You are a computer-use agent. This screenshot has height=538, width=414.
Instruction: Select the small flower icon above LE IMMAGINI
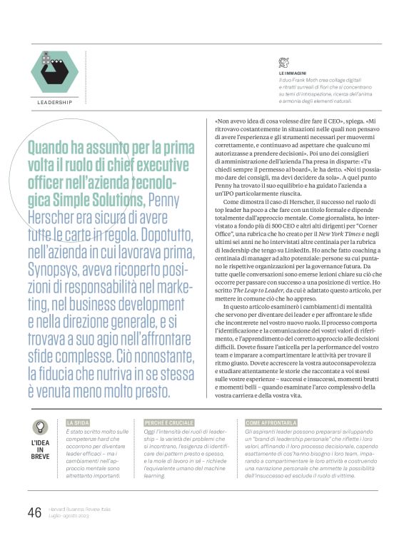pyautogui.click(x=284, y=62)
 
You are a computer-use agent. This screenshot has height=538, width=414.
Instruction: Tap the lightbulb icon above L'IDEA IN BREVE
pyautogui.click(x=40, y=427)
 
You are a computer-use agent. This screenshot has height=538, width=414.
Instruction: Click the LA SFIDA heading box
pyautogui.click(x=78, y=422)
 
